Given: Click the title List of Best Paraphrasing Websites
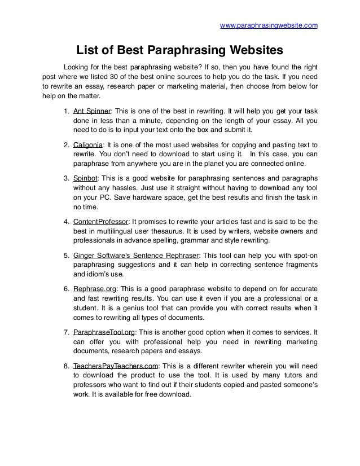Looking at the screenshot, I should pos(179,51).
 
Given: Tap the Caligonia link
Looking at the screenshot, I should pos(89,144).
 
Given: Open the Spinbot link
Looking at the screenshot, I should pos(86,179).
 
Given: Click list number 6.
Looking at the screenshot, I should pos(67,289).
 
